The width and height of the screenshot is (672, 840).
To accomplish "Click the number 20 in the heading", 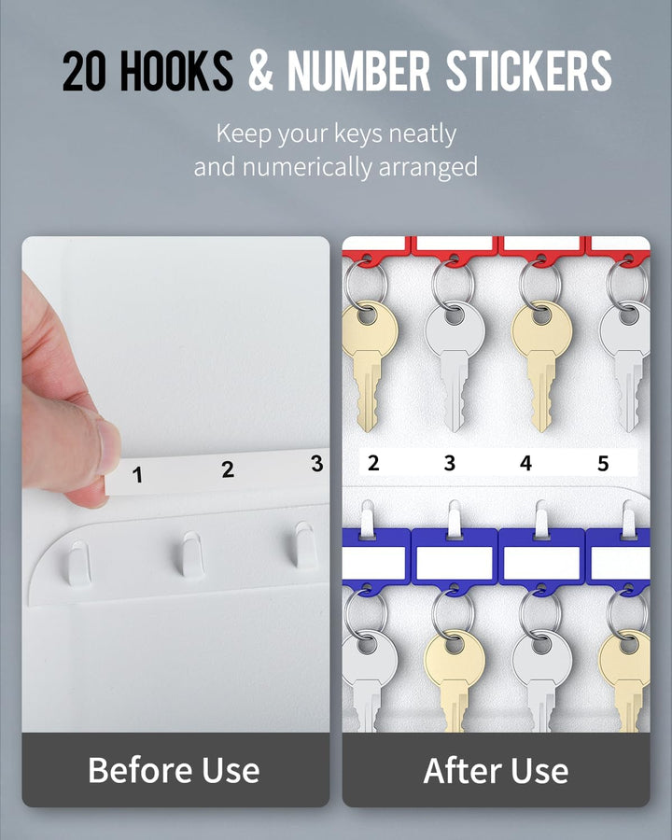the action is point(84,71).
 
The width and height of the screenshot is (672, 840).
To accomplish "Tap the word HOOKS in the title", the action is point(176,71).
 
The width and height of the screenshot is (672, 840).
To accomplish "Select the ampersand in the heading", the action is point(261,71).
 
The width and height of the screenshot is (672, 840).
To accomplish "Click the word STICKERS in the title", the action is point(529,71).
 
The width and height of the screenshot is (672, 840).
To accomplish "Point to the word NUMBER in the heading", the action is point(359,71).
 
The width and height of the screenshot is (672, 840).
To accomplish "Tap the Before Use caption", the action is point(175,770).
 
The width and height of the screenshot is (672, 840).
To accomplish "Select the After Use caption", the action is point(497,770).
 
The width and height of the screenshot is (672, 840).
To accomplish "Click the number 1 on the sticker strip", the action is point(138,475).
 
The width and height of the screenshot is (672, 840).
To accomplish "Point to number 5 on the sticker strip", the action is point(603,463).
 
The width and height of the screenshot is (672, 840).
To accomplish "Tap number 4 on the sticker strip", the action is point(525,463).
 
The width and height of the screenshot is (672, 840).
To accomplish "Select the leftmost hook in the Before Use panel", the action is point(78,563).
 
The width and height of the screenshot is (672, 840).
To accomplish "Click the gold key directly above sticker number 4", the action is point(541,365).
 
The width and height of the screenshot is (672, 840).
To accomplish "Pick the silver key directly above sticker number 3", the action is point(455,365).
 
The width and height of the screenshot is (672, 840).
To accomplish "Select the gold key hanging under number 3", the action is point(455,680).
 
